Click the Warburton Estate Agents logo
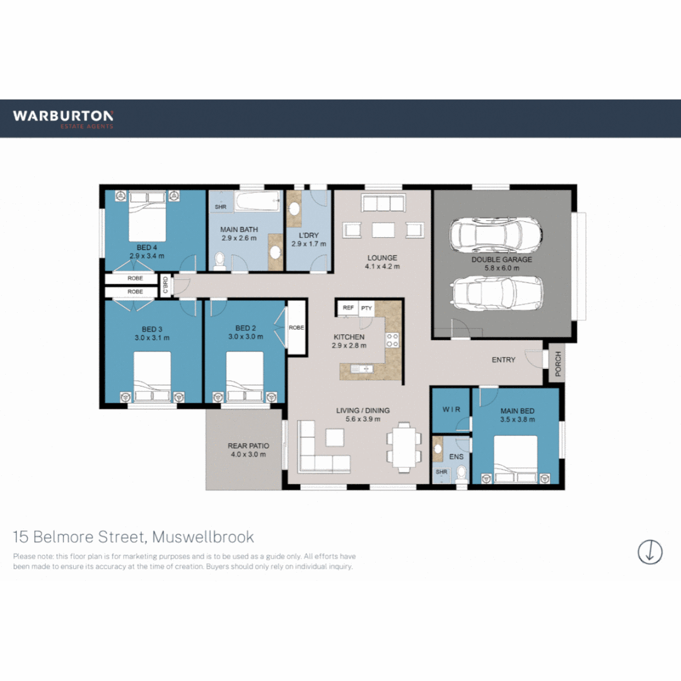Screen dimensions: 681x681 coord(63,119)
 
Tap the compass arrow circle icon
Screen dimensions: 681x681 coord(650,552)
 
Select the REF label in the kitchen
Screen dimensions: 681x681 coord(348,308)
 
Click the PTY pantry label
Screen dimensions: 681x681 coord(366,308)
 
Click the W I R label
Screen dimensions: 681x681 coord(451,409)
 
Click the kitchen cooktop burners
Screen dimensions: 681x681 coord(392,340)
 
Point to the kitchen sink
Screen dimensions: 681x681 coord(363,369)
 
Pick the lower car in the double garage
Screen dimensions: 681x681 coord(496,292)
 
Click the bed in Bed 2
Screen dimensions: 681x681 coord(245,376)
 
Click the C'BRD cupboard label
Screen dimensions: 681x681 coord(165,284)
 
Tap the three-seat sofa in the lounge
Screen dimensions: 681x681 coord(382,203)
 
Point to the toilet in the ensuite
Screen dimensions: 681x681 coord(461,473)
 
